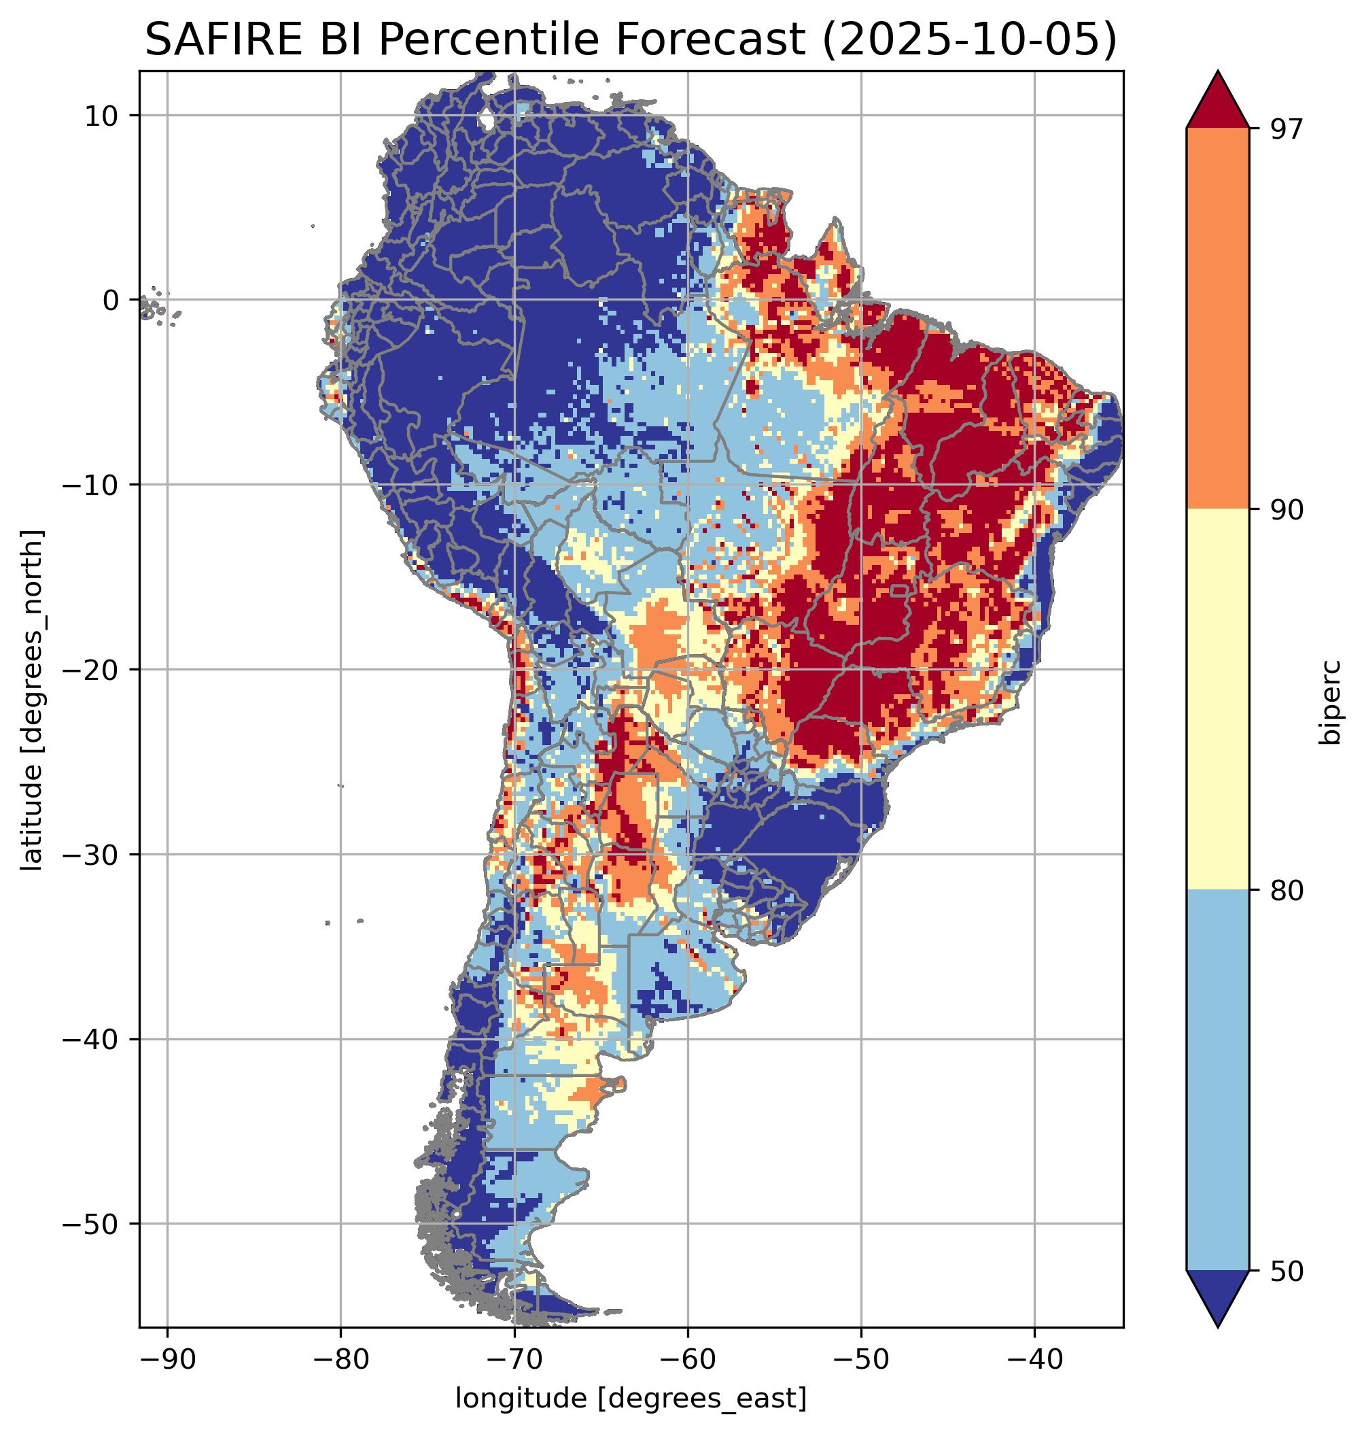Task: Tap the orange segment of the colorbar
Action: click(1217, 319)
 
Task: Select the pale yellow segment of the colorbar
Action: click(1217, 700)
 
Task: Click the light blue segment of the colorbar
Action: click(1217, 1081)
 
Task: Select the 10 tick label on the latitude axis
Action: click(102, 116)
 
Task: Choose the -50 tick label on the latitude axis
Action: click(92, 1225)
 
